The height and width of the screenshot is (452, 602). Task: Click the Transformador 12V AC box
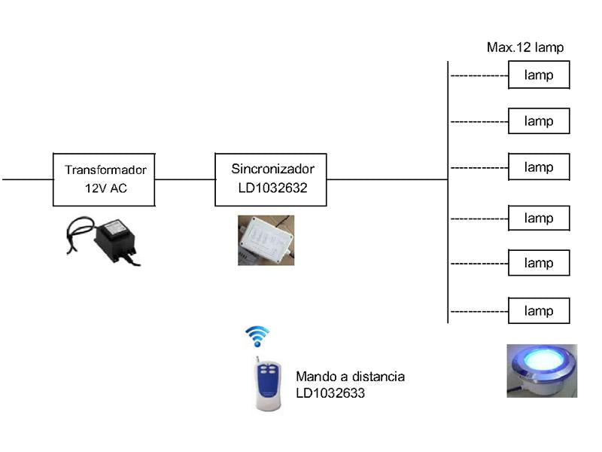104,179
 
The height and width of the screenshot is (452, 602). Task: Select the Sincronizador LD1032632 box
271,179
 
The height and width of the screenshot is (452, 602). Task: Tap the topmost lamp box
539,75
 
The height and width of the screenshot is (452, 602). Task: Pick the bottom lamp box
539,311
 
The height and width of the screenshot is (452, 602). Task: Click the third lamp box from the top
539,167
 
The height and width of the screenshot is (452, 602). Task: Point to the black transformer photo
105,240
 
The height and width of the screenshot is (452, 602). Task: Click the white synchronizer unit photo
266,240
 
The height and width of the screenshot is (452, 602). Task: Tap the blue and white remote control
269,382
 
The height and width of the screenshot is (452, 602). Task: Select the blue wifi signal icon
258,335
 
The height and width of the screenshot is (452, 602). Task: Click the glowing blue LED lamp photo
542,370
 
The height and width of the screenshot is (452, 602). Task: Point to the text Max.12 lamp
525,47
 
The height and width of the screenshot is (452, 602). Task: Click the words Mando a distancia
350,376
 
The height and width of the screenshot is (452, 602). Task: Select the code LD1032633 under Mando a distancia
330,392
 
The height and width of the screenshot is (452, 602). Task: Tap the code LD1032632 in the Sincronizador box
269,188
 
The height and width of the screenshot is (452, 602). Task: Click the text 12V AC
106,188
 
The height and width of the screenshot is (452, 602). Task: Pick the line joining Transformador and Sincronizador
185,179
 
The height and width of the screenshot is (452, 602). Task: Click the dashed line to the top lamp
479,76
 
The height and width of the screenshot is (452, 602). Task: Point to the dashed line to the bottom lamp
479,311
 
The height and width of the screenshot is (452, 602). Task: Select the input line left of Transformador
27,179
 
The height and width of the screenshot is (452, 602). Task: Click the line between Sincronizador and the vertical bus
387,179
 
